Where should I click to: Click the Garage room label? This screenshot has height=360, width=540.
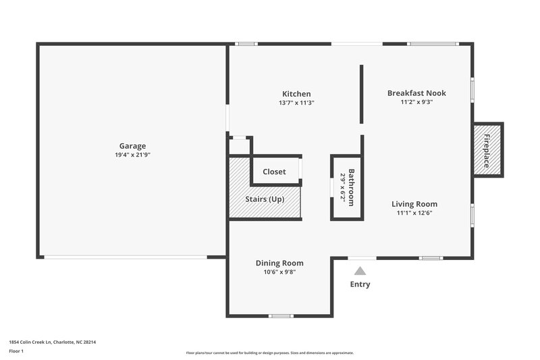[132, 146]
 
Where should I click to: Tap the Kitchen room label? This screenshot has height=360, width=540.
[296, 94]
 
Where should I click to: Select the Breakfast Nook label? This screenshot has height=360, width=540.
[416, 93]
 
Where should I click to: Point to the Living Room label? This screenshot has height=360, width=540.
[415, 204]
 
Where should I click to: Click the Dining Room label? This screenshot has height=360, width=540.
[279, 263]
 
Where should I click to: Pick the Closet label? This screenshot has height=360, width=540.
[274, 172]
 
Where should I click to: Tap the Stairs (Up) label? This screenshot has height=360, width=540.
[264, 199]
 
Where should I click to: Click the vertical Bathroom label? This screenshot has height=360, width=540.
[351, 188]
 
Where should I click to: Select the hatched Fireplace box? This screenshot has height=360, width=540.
[487, 150]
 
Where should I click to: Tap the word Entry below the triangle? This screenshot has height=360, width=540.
[360, 284]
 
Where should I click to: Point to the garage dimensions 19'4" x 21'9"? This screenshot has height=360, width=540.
[132, 155]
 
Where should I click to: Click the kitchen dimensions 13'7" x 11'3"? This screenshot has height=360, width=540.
[296, 103]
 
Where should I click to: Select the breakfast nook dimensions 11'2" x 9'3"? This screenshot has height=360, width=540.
[416, 103]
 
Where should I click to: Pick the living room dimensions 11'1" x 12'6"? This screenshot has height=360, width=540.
[414, 213]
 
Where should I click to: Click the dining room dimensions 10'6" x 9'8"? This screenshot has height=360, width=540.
[279, 272]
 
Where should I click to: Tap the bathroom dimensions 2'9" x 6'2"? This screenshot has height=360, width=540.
[342, 188]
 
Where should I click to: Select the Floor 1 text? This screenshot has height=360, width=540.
[17, 351]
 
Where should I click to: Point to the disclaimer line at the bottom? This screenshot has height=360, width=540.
[269, 353]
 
